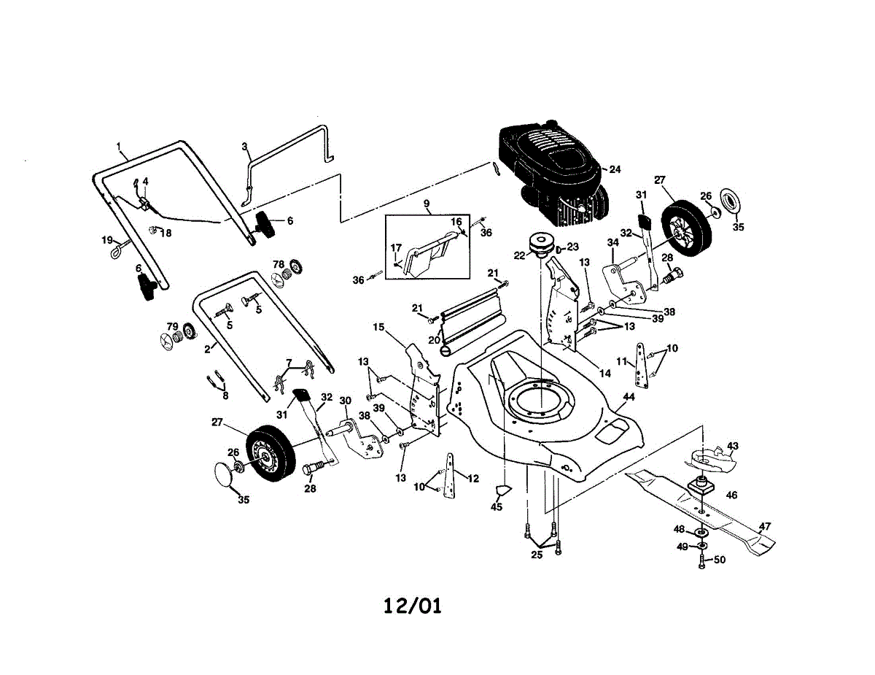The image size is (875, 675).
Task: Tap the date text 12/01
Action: pyautogui.click(x=413, y=606)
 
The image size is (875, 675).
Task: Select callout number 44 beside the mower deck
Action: pyautogui.click(x=629, y=396)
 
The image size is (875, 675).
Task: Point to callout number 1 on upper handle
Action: pyautogui.click(x=118, y=146)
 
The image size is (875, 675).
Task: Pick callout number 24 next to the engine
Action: pyautogui.click(x=615, y=169)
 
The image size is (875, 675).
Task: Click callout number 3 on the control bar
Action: pyautogui.click(x=245, y=147)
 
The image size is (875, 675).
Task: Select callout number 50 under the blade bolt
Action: pyautogui.click(x=720, y=560)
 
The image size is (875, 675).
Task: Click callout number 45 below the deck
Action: pyautogui.click(x=497, y=507)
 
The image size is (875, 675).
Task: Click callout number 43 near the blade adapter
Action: pyautogui.click(x=733, y=445)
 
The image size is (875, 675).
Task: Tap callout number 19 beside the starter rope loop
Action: pyautogui.click(x=107, y=239)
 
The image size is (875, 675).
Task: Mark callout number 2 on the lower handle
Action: pyautogui.click(x=207, y=349)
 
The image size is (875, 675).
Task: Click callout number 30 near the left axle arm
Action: pyautogui.click(x=345, y=400)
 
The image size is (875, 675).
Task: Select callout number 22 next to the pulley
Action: pyautogui.click(x=518, y=255)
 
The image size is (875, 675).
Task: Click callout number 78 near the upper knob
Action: pyautogui.click(x=278, y=263)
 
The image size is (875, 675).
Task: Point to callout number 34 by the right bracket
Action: pyautogui.click(x=610, y=243)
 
